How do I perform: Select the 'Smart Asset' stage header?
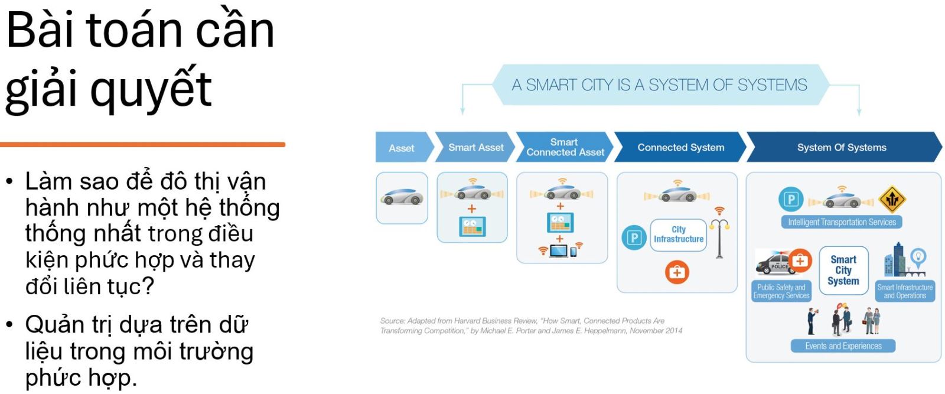pyautogui.click(x=475, y=147)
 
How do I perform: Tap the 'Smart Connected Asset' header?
pyautogui.click(x=565, y=147)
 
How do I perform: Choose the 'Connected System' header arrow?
pyautogui.click(x=680, y=147)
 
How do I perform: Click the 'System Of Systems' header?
pyautogui.click(x=843, y=147)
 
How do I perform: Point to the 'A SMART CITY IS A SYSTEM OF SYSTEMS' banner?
pyautogui.click(x=660, y=85)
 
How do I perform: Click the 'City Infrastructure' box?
pyautogui.click(x=679, y=235)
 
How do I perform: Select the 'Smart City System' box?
pyautogui.click(x=843, y=271)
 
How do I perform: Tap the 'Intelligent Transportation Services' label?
pyautogui.click(x=842, y=222)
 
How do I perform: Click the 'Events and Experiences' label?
pyautogui.click(x=843, y=346)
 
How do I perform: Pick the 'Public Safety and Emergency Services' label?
pyautogui.click(x=781, y=291)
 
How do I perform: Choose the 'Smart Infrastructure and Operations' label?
pyautogui.click(x=905, y=291)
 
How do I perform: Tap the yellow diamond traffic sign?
pyautogui.click(x=892, y=199)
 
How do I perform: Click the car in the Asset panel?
pyautogui.click(x=402, y=197)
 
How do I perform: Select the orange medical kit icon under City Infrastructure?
pyautogui.click(x=677, y=272)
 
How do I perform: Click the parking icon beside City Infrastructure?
pyautogui.click(x=634, y=237)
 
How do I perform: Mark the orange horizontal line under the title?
pyautogui.click(x=142, y=145)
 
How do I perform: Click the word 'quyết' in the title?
pyautogui.click(x=151, y=89)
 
